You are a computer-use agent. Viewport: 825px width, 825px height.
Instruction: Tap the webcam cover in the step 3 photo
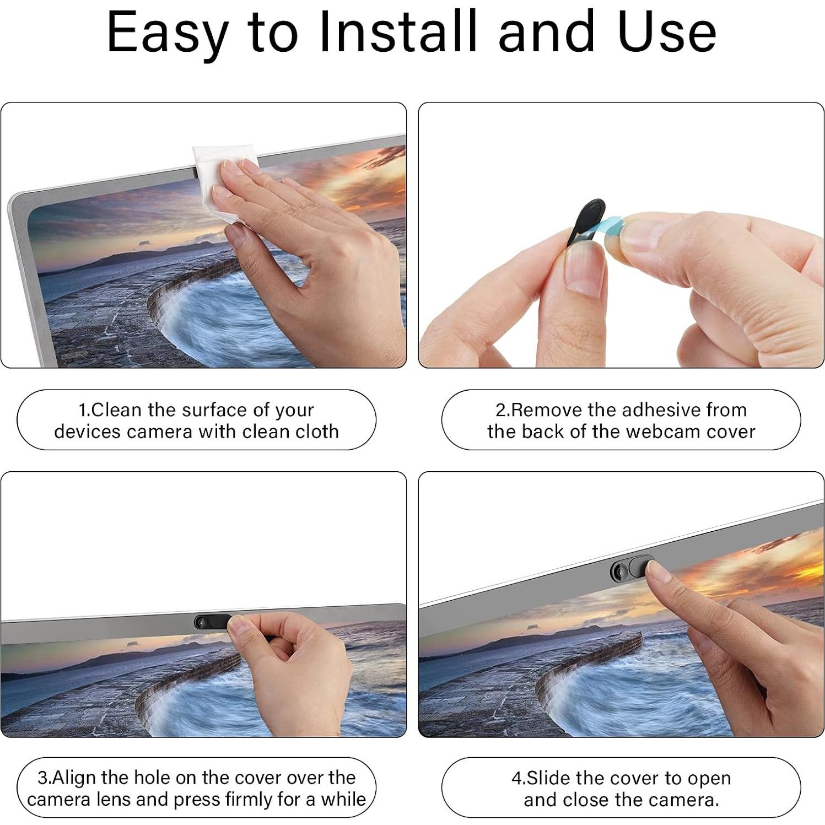pyautogui.click(x=212, y=622)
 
